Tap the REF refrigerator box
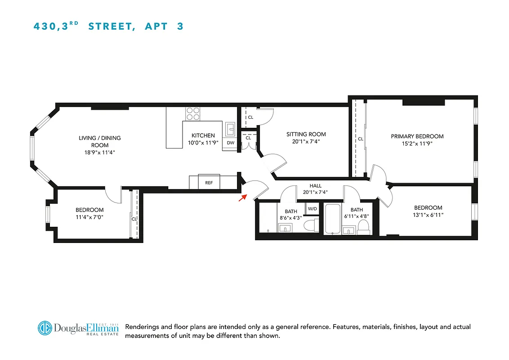coord(209,182)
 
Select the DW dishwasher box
coord(231,143)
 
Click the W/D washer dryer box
coord(312,208)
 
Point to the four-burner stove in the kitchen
coord(193,113)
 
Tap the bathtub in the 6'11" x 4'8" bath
coord(332,220)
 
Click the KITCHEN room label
coord(203,135)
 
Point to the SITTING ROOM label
coord(306,134)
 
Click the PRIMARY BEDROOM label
coord(417,136)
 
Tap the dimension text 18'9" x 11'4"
coord(100,152)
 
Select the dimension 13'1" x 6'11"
coord(428,215)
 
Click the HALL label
coord(315,186)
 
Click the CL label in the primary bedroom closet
coord(360,139)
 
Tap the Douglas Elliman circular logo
coord(45,328)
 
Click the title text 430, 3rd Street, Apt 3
coord(109,26)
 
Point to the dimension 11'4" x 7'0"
coord(89,217)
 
